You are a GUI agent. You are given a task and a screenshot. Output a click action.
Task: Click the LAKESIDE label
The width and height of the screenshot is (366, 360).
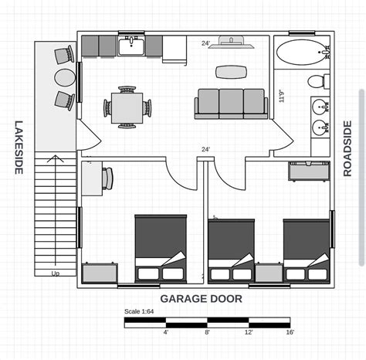19,147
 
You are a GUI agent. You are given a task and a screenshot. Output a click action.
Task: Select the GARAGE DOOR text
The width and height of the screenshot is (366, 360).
202,298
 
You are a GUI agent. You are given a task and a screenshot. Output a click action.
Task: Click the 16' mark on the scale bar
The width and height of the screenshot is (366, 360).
290,332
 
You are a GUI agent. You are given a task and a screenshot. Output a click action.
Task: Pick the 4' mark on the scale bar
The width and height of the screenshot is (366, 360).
165,332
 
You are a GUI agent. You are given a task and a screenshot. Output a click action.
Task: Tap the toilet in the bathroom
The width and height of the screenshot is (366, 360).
317,82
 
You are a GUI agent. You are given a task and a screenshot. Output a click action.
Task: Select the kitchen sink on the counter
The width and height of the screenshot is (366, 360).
130,47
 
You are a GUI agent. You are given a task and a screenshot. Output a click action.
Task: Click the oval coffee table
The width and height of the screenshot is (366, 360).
232,72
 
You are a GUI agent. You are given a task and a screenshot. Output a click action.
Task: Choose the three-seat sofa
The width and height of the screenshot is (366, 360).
231,104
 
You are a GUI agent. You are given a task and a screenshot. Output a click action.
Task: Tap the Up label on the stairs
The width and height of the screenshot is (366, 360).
56,273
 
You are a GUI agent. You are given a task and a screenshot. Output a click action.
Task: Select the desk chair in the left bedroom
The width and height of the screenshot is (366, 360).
107,178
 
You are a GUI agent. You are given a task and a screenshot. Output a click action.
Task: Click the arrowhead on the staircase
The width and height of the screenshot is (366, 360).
55,159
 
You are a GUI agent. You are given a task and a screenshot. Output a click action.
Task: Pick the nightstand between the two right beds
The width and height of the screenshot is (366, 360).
269,273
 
